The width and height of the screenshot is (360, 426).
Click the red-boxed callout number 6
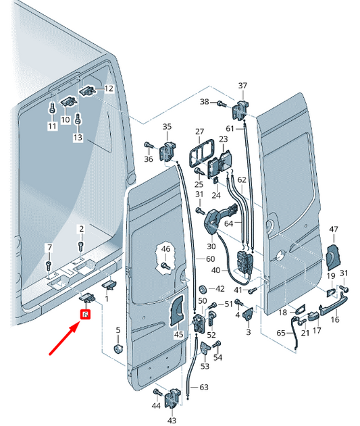(x=86, y=315)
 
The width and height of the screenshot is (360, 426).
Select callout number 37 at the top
(x=243, y=85)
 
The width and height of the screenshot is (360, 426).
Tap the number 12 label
(x=109, y=88)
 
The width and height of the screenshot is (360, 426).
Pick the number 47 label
(x=333, y=230)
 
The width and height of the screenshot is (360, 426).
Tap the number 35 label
(x=167, y=126)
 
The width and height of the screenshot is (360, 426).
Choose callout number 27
(x=199, y=131)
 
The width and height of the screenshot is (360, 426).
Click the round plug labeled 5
(x=116, y=350)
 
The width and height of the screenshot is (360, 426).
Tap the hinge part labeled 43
(x=172, y=398)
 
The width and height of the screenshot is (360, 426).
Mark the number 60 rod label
(x=210, y=259)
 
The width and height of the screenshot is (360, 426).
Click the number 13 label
(x=78, y=138)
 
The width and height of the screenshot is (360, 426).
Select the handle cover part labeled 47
(x=332, y=256)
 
